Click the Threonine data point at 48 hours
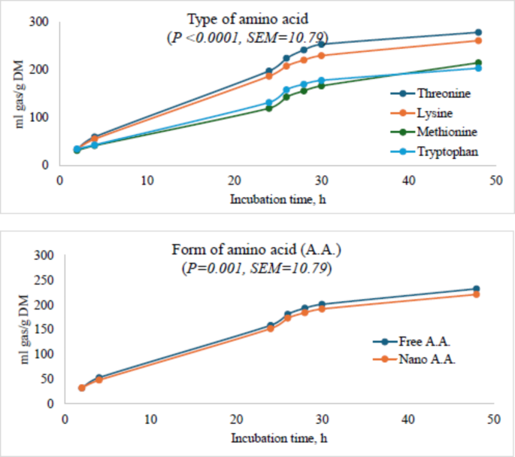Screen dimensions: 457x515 (478, 32)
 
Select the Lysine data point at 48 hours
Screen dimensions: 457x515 (478, 41)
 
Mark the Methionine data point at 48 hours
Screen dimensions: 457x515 (478, 63)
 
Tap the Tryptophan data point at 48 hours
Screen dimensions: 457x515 (478, 69)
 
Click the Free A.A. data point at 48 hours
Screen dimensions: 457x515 (476, 289)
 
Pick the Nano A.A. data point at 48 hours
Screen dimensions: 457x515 (476, 294)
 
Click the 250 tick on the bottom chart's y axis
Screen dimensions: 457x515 (45, 280)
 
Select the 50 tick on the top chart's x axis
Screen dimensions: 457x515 (494, 181)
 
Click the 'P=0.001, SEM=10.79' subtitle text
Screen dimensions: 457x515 (256, 268)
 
